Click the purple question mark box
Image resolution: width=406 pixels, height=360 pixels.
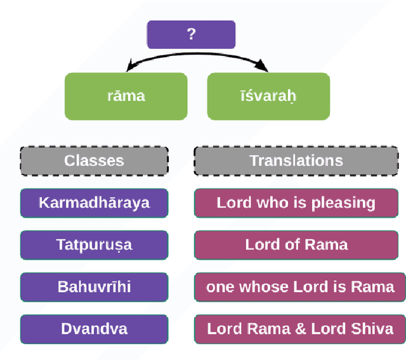[191, 34]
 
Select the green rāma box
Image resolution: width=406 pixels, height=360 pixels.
[126, 96]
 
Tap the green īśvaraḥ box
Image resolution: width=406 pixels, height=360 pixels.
[269, 96]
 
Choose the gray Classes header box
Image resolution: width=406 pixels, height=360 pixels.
[94, 161]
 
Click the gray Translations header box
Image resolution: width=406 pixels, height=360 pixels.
[296, 161]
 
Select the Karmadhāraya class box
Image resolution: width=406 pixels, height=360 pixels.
[94, 203]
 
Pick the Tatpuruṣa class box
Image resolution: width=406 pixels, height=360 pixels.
[94, 244]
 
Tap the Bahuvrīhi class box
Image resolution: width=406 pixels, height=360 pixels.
[94, 286]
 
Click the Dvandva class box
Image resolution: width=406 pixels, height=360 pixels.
[94, 329]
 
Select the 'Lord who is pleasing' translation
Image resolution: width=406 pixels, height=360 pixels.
[296, 203]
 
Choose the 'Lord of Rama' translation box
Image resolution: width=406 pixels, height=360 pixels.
[296, 244]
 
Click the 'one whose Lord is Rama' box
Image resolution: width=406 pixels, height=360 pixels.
[299, 286]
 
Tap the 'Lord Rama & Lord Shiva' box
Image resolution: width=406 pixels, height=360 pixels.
[299, 329]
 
